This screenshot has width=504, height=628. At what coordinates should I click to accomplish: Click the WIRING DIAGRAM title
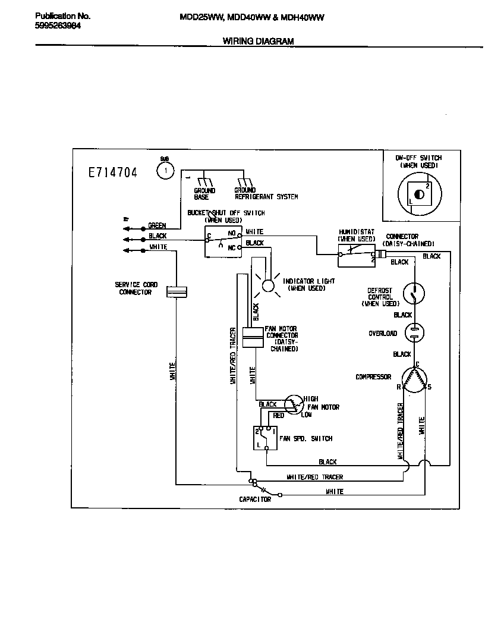pyautogui.click(x=258, y=42)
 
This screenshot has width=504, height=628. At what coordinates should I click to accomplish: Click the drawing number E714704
pyautogui.click(x=112, y=172)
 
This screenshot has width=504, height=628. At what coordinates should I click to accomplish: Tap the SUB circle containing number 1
pyautogui.click(x=165, y=171)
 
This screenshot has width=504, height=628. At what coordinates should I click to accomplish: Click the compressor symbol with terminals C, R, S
pyautogui.click(x=415, y=381)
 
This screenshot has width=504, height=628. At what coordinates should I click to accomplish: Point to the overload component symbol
pyautogui.click(x=414, y=333)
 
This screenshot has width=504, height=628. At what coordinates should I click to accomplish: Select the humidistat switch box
pyautogui.click(x=357, y=256)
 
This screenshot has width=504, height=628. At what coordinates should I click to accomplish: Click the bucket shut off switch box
pyautogui.click(x=223, y=241)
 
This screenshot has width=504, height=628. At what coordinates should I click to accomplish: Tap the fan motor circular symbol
pyautogui.click(x=292, y=404)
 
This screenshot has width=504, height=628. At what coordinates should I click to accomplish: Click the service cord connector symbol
pyautogui.click(x=177, y=291)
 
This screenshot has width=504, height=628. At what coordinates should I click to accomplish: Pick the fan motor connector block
pyautogui.click(x=253, y=336)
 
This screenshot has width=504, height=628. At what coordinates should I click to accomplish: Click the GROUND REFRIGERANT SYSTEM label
pyautogui.click(x=266, y=194)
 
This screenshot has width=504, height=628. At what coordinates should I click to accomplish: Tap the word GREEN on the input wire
pyautogui.click(x=157, y=226)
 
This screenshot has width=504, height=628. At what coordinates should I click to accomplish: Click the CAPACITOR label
pyautogui.click(x=255, y=500)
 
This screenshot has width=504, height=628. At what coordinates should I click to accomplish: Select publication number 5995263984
pyautogui.click(x=58, y=26)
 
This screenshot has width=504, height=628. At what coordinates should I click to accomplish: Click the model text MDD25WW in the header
pyautogui.click(x=201, y=18)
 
